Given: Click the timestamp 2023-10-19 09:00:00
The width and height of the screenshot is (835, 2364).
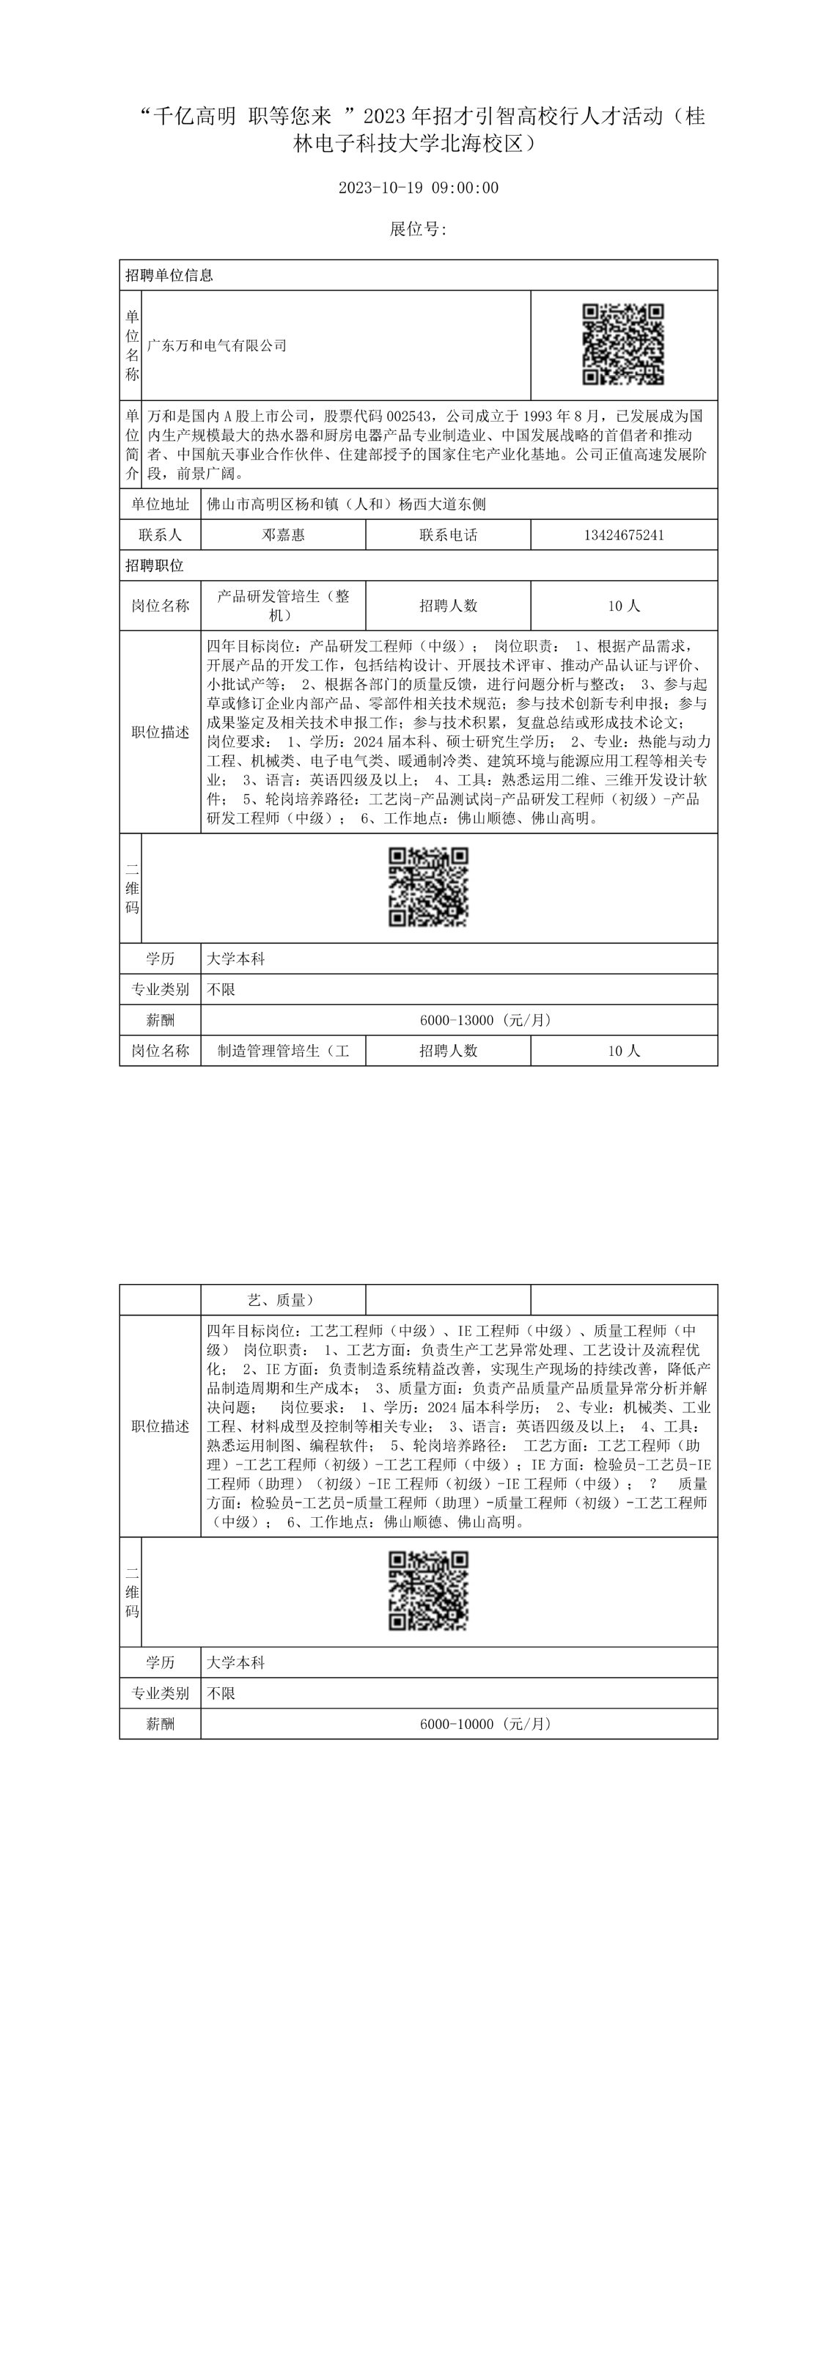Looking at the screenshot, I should pyautogui.click(x=419, y=188).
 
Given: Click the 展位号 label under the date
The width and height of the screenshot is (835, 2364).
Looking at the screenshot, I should pyautogui.click(x=419, y=230).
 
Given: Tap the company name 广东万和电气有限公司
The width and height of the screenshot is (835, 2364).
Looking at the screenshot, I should pyautogui.click(x=218, y=346).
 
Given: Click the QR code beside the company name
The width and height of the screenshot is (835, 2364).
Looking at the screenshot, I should pyautogui.click(x=623, y=345).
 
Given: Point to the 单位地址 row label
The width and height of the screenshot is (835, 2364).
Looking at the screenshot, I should pyautogui.click(x=161, y=504).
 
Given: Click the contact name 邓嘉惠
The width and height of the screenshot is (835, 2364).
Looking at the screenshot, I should pyautogui.click(x=284, y=535).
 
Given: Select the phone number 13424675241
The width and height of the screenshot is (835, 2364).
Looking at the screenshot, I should pyautogui.click(x=624, y=535).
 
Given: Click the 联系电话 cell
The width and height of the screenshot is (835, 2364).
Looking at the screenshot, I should pyautogui.click(x=448, y=535).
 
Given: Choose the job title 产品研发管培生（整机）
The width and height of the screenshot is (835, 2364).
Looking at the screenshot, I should pyautogui.click(x=283, y=606).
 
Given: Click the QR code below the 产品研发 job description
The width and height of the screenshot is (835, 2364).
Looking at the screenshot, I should pyautogui.click(x=429, y=887).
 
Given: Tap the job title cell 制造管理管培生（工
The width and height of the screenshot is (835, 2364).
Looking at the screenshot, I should pyautogui.click(x=283, y=1051).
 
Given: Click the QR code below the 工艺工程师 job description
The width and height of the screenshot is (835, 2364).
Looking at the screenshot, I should pyautogui.click(x=429, y=1591).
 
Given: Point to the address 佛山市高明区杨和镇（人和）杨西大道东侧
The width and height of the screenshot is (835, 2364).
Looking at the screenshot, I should pyautogui.click(x=347, y=504).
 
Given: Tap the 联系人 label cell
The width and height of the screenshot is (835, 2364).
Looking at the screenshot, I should pyautogui.click(x=161, y=535).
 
